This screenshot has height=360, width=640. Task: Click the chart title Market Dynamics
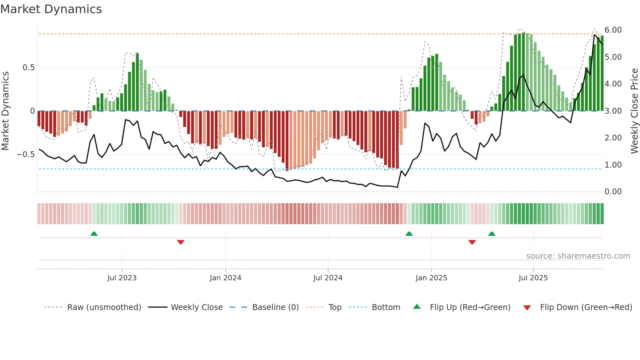(51, 9)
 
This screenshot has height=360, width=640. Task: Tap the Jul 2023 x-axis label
(122, 278)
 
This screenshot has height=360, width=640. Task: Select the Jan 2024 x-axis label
(225, 278)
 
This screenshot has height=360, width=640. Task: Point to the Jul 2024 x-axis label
(328, 278)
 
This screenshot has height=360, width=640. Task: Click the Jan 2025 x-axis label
(431, 278)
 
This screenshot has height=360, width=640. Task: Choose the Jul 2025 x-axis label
(533, 278)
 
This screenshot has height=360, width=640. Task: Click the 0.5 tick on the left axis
(28, 68)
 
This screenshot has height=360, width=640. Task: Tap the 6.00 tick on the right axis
(613, 30)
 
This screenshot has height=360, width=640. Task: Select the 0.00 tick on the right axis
(613, 192)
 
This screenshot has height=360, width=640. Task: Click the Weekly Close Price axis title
(634, 111)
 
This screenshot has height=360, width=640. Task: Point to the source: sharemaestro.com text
(578, 256)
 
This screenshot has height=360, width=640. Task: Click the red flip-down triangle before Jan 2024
(181, 242)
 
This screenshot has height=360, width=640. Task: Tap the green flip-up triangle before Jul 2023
(94, 234)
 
